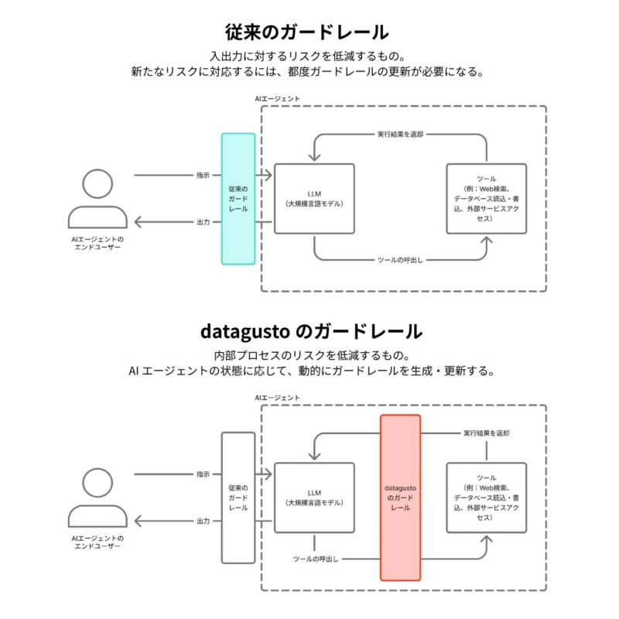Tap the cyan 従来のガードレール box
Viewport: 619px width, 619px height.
(x=238, y=199)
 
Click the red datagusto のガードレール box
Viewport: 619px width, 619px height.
(x=400, y=498)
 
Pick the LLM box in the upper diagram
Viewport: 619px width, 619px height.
(x=314, y=199)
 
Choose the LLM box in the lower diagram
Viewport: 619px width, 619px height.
(x=314, y=498)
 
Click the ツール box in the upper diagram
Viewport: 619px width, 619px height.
(x=487, y=199)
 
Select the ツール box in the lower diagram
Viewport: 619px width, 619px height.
(x=487, y=498)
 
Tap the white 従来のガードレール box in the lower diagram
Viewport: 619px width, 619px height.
(x=238, y=498)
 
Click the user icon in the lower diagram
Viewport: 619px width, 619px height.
(x=97, y=497)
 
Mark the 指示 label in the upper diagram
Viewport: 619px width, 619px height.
(x=203, y=175)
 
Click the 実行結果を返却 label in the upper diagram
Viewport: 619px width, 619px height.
(x=400, y=134)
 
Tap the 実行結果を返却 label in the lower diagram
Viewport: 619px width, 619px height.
(x=486, y=433)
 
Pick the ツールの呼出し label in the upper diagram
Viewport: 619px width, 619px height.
(x=400, y=260)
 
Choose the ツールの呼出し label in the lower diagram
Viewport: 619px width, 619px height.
(x=316, y=559)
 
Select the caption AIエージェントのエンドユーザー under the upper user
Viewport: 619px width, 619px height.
(x=97, y=244)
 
